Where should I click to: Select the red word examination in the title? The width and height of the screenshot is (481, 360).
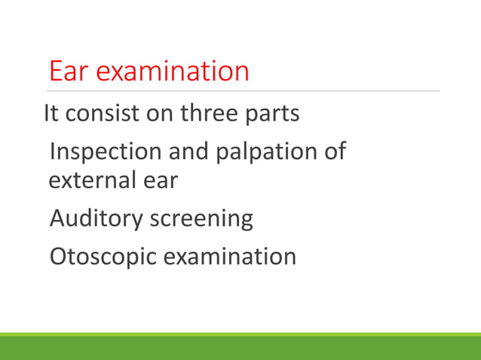click(173, 72)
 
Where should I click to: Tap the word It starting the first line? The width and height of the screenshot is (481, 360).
click(51, 114)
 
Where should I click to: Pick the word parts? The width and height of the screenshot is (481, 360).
click(273, 115)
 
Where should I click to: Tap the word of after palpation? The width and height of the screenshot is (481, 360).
click(332, 151)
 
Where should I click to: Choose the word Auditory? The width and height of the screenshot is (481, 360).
click(96, 219)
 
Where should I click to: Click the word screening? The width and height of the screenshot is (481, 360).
click(201, 219)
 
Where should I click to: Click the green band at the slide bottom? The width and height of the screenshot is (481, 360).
click(240, 347)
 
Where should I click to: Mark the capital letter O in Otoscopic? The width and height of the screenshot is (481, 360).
click(58, 256)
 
